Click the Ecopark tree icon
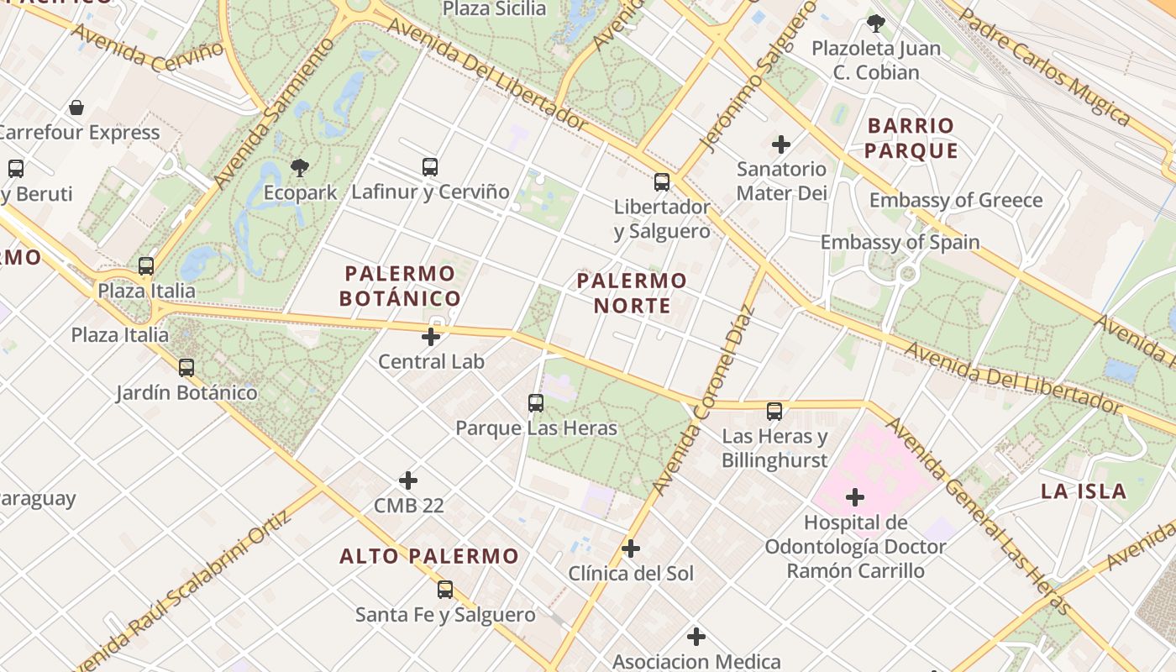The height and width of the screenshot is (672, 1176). [x=299, y=168]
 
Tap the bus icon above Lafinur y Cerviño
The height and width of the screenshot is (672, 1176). [x=430, y=167]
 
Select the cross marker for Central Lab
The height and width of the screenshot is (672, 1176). [x=431, y=338]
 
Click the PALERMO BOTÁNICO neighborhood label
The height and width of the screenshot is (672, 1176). [x=401, y=286]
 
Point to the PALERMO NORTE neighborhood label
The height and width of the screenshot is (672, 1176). [x=632, y=292]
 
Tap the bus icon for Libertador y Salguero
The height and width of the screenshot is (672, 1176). [x=662, y=182]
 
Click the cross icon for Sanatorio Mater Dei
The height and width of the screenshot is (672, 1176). [x=781, y=144]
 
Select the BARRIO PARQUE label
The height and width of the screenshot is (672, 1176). [x=911, y=139]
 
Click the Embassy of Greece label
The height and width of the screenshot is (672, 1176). [x=956, y=201]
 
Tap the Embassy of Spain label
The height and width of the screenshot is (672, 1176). [x=900, y=243]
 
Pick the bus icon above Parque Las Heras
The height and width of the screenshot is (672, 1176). [x=536, y=403]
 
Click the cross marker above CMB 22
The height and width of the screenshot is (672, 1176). [x=408, y=480]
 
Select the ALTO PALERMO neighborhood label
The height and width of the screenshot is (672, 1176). [x=429, y=556]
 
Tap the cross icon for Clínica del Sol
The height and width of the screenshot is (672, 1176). [x=631, y=549]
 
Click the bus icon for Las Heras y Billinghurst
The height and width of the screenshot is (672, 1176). [x=774, y=412]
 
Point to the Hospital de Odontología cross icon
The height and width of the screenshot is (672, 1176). [x=855, y=497]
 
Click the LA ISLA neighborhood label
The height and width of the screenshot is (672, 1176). [x=1084, y=491]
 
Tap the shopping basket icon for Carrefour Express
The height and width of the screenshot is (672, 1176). [x=76, y=108]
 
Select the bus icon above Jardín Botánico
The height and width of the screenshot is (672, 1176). [x=186, y=368]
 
